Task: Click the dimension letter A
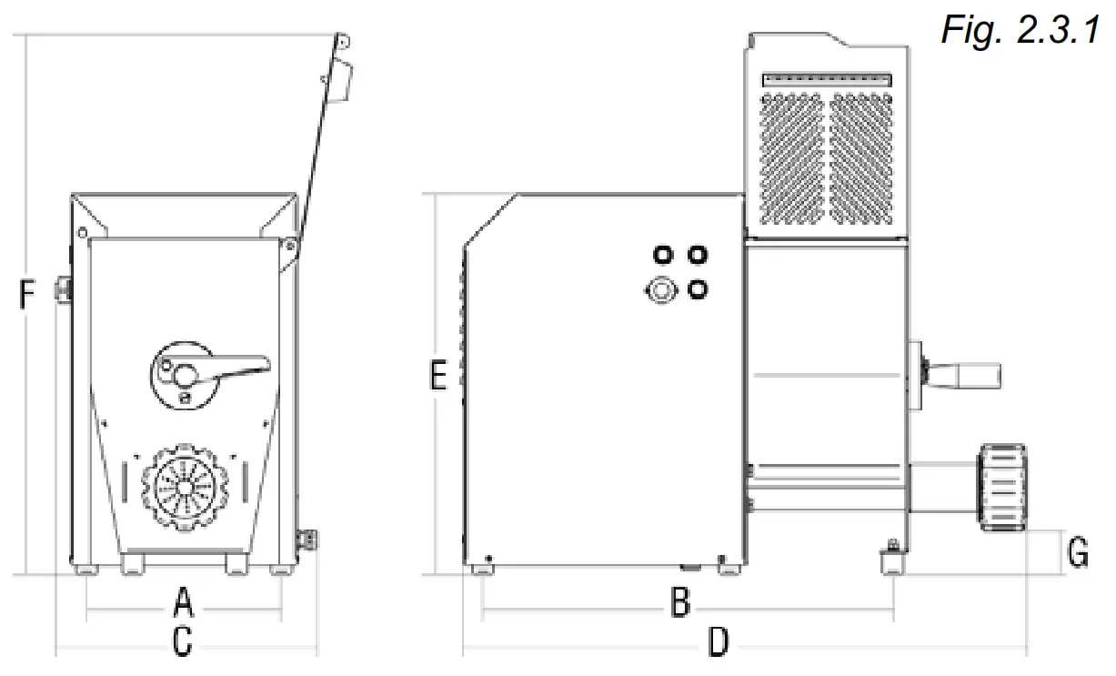(x=184, y=601)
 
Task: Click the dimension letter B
(x=679, y=601)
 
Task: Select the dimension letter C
(x=183, y=641)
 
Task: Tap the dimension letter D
(x=719, y=643)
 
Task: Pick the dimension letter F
(x=28, y=296)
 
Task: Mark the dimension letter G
(x=1077, y=552)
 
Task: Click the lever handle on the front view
(x=238, y=365)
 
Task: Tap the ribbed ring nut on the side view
(x=1002, y=487)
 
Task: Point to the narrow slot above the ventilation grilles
(x=826, y=80)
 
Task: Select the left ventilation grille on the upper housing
(x=792, y=156)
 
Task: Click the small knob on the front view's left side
(x=65, y=289)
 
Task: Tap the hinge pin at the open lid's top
(x=343, y=41)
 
